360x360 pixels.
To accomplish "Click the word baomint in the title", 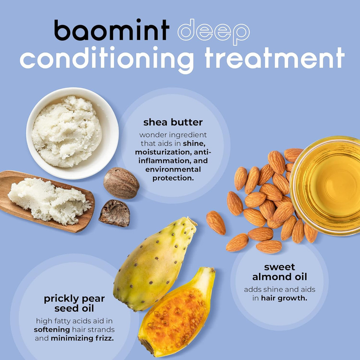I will point(111,30).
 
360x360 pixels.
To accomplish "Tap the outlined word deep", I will point(213,32).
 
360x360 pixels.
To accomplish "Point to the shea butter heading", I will point(173,122).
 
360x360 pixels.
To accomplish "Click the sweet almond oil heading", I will point(279,272).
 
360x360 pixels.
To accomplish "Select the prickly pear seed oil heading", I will point(74,303).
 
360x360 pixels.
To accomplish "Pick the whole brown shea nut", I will point(121,183).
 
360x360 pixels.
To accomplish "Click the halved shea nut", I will point(115,213).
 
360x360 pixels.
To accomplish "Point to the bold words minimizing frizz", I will point(87,337).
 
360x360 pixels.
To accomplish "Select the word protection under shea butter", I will point(173,178).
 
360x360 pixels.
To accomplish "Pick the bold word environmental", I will point(173,169).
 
